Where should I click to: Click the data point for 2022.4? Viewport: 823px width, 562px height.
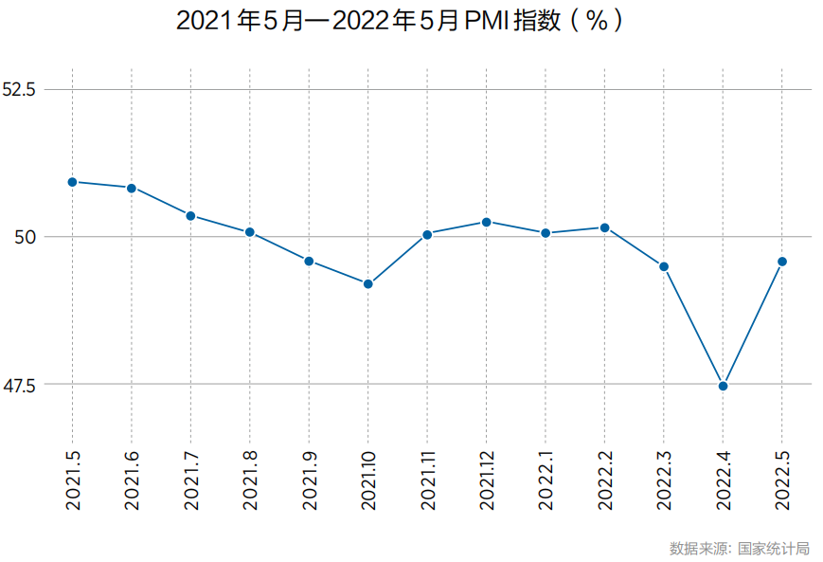pos(724,386)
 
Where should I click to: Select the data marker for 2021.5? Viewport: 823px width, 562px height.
pos(72,182)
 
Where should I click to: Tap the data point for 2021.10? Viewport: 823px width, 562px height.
pos(368,283)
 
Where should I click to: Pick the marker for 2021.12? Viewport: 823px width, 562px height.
pos(487,222)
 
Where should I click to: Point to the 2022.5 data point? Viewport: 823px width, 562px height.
pos(782,262)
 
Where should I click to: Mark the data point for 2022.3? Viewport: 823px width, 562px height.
pos(664,266)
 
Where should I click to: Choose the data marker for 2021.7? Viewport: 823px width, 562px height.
pos(190,216)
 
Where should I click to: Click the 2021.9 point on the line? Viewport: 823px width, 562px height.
pos(309,261)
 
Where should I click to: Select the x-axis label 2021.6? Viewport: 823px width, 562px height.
pos(132,480)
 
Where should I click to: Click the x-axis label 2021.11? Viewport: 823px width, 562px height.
pos(427,480)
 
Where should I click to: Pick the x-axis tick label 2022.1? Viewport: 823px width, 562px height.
pos(546,480)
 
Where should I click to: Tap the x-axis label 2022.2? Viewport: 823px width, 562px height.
pos(605,480)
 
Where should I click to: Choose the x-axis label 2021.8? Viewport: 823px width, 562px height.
pos(250,480)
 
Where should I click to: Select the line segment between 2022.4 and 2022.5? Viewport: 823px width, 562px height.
pos(753,324)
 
